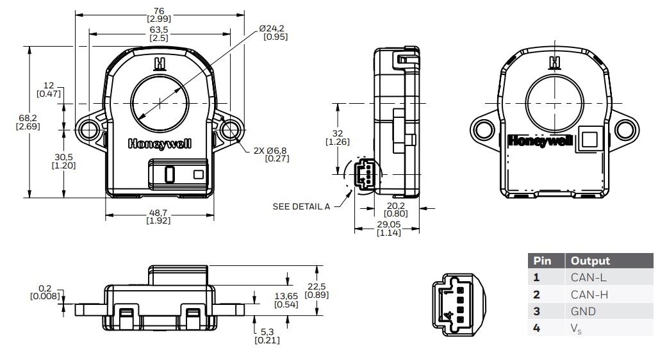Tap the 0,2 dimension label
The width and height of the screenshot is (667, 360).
(45, 292)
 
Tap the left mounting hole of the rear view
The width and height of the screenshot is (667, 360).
(482, 129)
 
